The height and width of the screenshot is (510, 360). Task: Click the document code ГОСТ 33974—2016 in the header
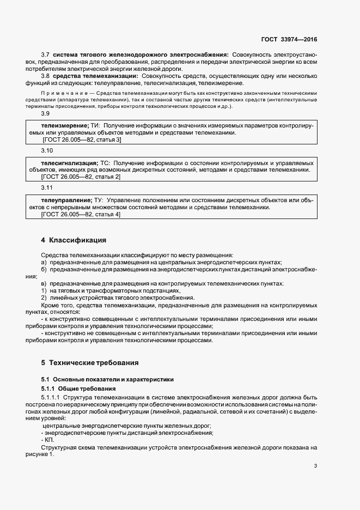click(x=289, y=40)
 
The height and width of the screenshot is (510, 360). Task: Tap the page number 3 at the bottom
click(x=315, y=466)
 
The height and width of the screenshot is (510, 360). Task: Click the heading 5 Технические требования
click(x=90, y=362)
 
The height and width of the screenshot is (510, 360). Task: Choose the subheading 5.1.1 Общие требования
click(x=78, y=388)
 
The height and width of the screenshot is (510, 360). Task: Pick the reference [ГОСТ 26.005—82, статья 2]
click(x=81, y=177)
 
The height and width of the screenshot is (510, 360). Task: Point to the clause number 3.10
click(x=47, y=150)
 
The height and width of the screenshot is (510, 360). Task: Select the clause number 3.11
click(x=47, y=188)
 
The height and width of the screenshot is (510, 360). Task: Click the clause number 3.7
click(x=46, y=55)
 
